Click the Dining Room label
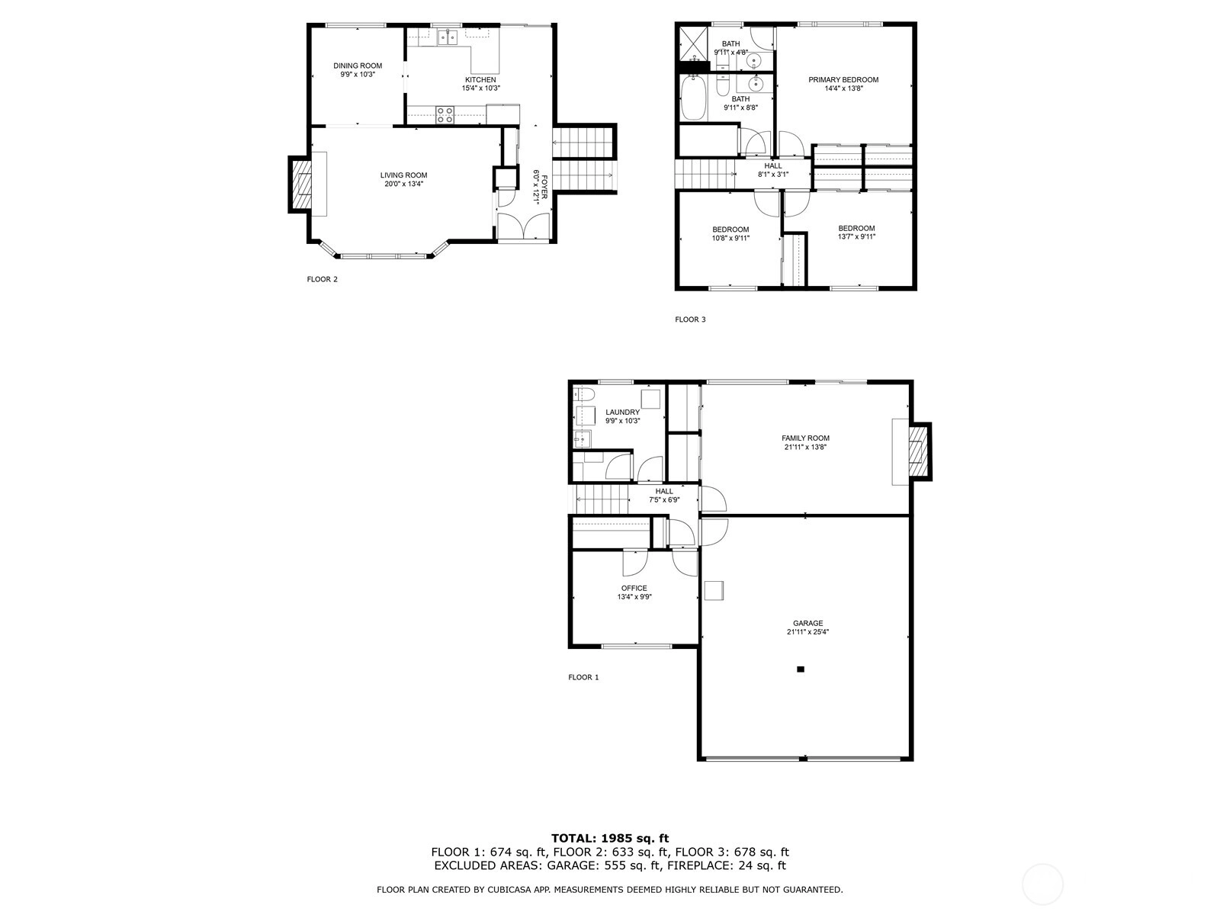point(358,66)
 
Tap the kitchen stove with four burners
point(445,115)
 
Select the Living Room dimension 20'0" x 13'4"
point(403,184)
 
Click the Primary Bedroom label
point(843,79)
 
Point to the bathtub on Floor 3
point(692,98)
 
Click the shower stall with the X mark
point(693,43)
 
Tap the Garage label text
point(807,623)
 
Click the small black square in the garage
point(801,669)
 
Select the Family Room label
point(805,438)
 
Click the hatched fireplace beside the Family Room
point(919,451)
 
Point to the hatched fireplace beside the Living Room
point(300,185)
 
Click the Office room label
point(634,589)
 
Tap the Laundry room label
point(622,413)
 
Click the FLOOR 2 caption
point(323,279)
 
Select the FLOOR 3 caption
point(690,319)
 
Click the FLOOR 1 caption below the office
point(583,677)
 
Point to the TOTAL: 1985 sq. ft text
point(610,838)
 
